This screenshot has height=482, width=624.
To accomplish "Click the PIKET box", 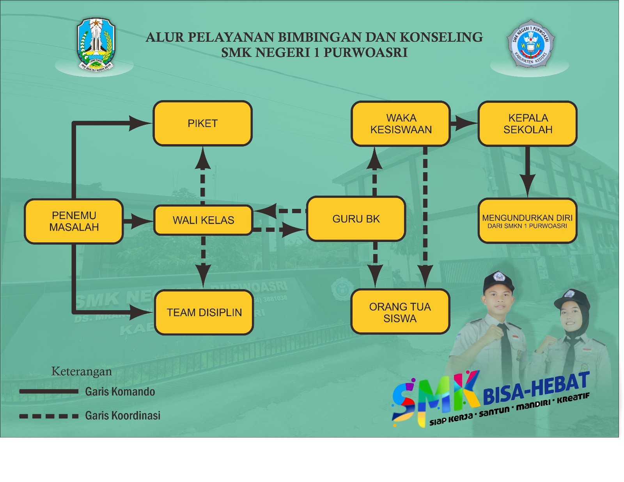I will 202,124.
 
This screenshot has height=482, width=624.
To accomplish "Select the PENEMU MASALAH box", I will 74,221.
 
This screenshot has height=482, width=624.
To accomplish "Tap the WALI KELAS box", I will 203,220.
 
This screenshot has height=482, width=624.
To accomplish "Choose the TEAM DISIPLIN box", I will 204,313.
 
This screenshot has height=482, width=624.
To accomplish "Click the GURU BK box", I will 356,219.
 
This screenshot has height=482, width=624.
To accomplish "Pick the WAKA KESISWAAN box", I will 401,124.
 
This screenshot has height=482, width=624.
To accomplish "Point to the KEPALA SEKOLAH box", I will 528,124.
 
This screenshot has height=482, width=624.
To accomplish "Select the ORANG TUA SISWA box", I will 400,312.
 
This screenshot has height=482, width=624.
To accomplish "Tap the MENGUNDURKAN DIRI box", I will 527,221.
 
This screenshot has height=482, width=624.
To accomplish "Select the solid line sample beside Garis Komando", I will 49,391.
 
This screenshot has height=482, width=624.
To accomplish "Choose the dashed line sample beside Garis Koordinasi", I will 49,416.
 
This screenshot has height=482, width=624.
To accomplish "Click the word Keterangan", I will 82,371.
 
